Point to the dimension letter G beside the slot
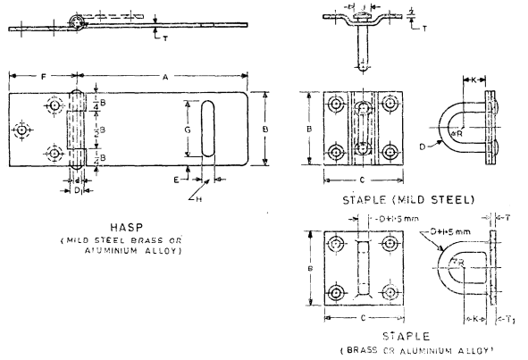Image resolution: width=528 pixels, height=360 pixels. tap(188, 130)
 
